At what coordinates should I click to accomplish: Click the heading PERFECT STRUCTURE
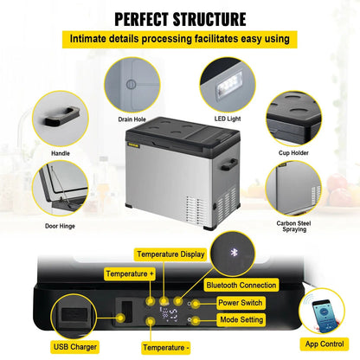click(180, 17)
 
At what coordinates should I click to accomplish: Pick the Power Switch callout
click(240, 304)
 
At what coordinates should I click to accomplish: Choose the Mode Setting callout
click(241, 319)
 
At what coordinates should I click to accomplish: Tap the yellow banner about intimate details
click(180, 39)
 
